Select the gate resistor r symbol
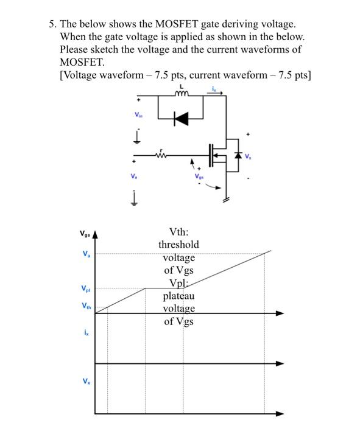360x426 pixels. click(x=161, y=155)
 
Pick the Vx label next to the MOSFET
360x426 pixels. click(x=249, y=156)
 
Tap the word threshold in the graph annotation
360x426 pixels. click(x=179, y=244)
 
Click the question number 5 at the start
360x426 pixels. click(x=52, y=24)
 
